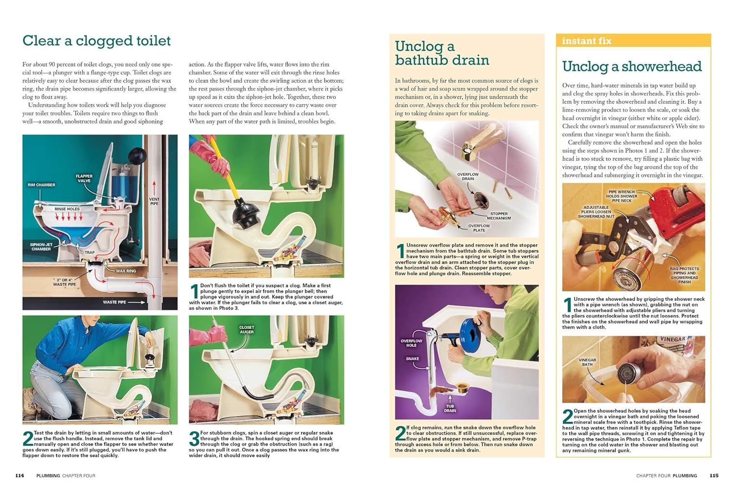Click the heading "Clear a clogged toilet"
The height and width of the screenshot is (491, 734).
click(97, 41)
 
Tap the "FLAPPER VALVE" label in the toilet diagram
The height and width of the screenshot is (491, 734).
click(84, 179)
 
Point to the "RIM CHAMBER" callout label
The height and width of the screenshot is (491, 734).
click(41, 185)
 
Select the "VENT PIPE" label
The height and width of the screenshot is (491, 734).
click(154, 201)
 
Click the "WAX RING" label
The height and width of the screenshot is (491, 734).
click(126, 271)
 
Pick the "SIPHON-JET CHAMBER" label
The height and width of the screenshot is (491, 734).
click(41, 247)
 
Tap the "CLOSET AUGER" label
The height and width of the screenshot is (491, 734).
click(247, 330)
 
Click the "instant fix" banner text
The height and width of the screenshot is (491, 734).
click(587, 41)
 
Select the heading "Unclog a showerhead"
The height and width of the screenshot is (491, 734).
click(632, 67)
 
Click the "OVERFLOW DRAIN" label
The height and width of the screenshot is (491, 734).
click(468, 177)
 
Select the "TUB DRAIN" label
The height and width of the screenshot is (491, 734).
click(450, 408)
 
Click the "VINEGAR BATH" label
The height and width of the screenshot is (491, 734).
click(587, 362)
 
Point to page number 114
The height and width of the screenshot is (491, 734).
click(20, 476)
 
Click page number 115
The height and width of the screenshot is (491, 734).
click(714, 476)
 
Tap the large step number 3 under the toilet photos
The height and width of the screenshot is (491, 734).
click(194, 439)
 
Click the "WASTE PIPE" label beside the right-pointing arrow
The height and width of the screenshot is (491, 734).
click(115, 302)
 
